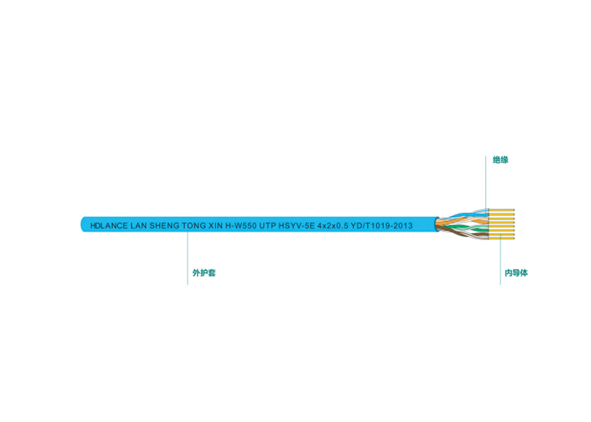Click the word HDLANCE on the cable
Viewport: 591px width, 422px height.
pyautogui.click(x=109, y=226)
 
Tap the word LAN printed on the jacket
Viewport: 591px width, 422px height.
pyautogui.click(x=138, y=226)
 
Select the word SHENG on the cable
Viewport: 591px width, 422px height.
pyautogui.click(x=164, y=226)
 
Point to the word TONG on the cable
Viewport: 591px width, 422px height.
pyautogui.click(x=194, y=226)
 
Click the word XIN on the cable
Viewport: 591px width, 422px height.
pyautogui.click(x=216, y=226)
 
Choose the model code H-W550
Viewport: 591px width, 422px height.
pyautogui.click(x=241, y=226)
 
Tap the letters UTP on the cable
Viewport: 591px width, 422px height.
pyautogui.click(x=268, y=226)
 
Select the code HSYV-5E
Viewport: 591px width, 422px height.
pyautogui.click(x=296, y=226)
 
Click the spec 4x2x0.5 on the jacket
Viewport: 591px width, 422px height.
pyautogui.click(x=333, y=226)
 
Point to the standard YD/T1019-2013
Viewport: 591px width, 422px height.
pyautogui.click(x=382, y=226)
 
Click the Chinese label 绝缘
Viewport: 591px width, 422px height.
pyautogui.click(x=500, y=160)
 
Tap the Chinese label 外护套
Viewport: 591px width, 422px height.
pyautogui.click(x=204, y=273)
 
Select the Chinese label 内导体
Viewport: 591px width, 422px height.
pyautogui.click(x=516, y=273)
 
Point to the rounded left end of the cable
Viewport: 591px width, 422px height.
pyautogui.click(x=82, y=225)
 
